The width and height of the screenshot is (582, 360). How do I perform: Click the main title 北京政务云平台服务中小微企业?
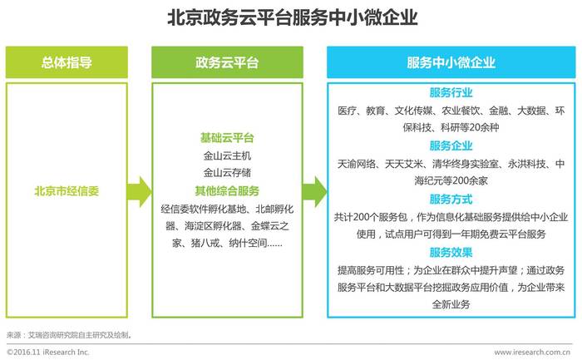click(293, 17)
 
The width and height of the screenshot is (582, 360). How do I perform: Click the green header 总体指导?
click(67, 62)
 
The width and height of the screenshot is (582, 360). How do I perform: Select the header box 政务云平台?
click(227, 62)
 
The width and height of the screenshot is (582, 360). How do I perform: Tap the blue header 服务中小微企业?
click(451, 62)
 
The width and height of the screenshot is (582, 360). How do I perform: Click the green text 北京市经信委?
click(67, 191)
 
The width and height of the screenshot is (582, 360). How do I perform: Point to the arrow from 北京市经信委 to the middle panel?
click(139, 192)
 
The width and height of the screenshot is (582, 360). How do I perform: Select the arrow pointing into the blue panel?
click(315, 192)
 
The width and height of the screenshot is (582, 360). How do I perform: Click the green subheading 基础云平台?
click(227, 138)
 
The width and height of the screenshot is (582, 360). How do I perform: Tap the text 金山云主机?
click(227, 155)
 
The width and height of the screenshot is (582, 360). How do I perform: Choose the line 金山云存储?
click(227, 173)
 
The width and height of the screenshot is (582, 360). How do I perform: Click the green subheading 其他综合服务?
click(227, 191)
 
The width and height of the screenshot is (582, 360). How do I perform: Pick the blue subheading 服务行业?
click(451, 92)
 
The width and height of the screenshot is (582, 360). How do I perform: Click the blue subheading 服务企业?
click(451, 145)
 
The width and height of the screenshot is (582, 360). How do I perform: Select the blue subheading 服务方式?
click(451, 200)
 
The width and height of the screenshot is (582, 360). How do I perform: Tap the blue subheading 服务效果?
click(451, 253)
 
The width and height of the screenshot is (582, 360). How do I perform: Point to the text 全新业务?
click(451, 304)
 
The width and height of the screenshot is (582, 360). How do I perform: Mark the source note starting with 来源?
click(69, 335)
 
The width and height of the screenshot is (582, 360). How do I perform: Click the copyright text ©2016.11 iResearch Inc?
click(48, 352)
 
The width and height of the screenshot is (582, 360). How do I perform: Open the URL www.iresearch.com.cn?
click(533, 352)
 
